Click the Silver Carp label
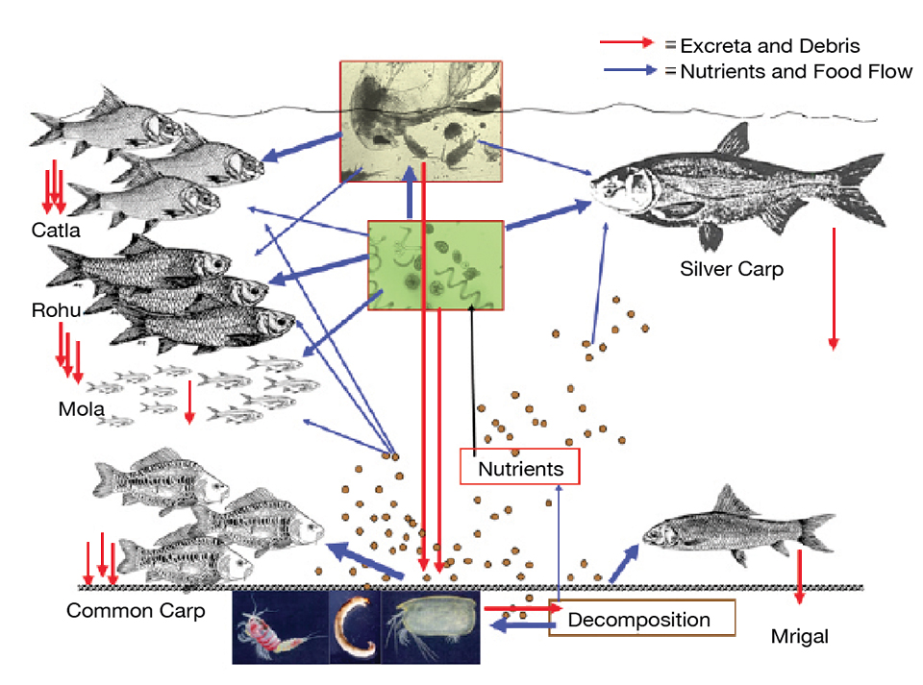pyautogui.click(x=731, y=269)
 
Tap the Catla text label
pyautogui.click(x=55, y=231)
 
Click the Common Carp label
pyautogui.click(x=136, y=611)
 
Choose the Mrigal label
pyautogui.click(x=799, y=636)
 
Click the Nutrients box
pyautogui.click(x=520, y=469)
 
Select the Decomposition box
pyautogui.click(x=640, y=620)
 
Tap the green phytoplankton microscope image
pyautogui.click(x=436, y=265)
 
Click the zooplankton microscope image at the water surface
pyautogui.click(x=421, y=121)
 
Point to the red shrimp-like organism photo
pyautogui.click(x=279, y=626)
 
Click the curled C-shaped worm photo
pyautogui.click(x=355, y=626)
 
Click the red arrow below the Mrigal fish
pyautogui.click(x=799, y=580)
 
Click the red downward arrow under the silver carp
pyautogui.click(x=834, y=288)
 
